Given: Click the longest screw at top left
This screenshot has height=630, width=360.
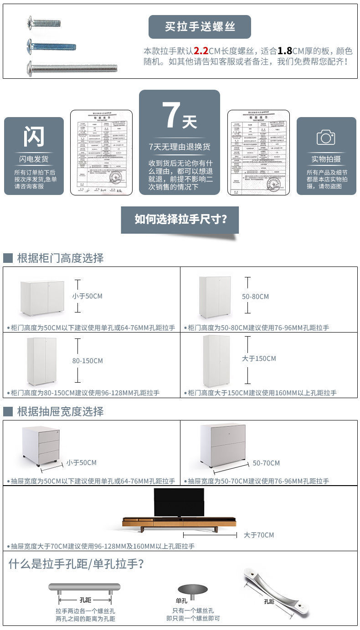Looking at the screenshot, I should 72,69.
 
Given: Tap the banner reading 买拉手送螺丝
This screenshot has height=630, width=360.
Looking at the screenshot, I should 200,27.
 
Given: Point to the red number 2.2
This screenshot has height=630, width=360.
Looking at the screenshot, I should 201,51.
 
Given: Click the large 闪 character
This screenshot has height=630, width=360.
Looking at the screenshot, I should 34,136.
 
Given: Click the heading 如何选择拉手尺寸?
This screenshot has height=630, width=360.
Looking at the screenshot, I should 180,219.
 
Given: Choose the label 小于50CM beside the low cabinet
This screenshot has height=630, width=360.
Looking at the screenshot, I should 87,296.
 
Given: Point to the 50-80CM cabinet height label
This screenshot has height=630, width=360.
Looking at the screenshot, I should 255,297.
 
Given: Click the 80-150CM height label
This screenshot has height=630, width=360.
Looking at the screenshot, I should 87,361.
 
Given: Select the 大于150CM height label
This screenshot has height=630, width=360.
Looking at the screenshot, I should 259,359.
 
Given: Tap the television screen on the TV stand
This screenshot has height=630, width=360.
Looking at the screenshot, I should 179,502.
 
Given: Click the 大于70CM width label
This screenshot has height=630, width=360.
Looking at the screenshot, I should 259,535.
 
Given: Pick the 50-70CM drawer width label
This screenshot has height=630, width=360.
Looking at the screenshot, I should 266,463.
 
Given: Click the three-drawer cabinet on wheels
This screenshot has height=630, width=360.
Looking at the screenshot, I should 41,446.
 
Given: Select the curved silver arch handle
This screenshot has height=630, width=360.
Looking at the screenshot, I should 276,592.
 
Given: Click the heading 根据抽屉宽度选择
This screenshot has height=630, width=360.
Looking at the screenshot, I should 60,411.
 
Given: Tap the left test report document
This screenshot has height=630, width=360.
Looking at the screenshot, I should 101,152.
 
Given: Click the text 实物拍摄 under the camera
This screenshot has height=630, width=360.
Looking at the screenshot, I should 326,159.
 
